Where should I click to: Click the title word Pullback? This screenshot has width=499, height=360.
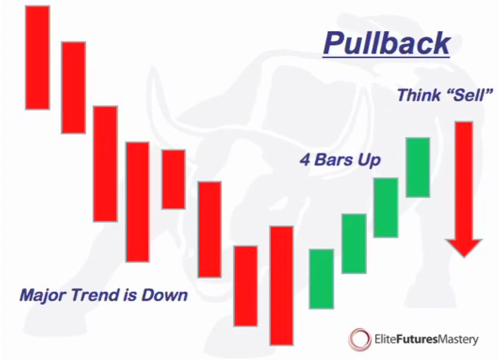click(x=387, y=43)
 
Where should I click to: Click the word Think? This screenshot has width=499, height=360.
click(x=419, y=95)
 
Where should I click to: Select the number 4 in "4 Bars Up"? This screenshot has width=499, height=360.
click(x=305, y=160)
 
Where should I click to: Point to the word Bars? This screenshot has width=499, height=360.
click(x=334, y=160)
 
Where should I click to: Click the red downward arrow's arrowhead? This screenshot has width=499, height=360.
click(x=464, y=248)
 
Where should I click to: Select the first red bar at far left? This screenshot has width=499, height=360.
click(x=37, y=58)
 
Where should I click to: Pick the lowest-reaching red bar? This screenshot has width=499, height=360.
click(x=282, y=285)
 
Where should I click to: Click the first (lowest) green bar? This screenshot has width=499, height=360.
click(x=322, y=279)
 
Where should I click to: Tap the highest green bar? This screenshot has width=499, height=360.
click(x=418, y=167)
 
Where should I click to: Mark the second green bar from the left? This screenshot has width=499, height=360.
click(x=354, y=244)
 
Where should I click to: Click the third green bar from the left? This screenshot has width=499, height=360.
click(x=385, y=208)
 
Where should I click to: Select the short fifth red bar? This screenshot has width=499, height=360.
click(x=173, y=179)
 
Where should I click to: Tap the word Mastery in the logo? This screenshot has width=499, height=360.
click(x=458, y=340)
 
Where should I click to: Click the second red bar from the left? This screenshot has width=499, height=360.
click(x=74, y=88)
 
